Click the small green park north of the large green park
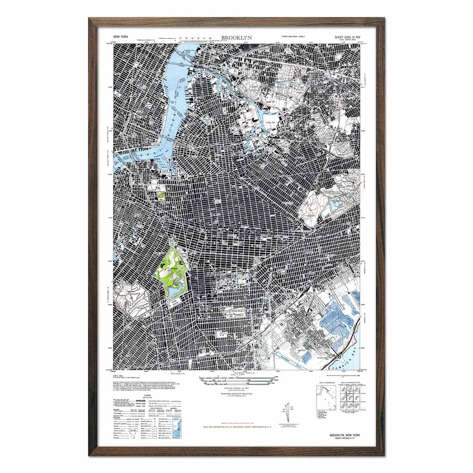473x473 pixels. pyautogui.click(x=161, y=196)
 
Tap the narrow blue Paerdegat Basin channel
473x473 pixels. pyautogui.click(x=300, y=361)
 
